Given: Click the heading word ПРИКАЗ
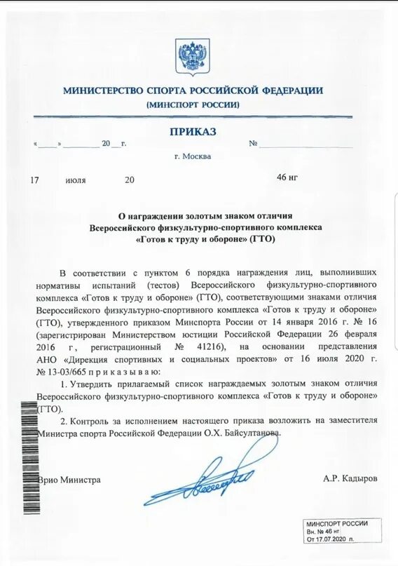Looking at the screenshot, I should point(193,131).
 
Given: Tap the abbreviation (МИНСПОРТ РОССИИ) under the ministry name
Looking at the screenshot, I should point(193,105).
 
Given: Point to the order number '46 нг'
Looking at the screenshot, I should point(287,177).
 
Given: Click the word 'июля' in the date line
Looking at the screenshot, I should point(76,180).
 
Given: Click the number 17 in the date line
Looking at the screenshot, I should point(35,180).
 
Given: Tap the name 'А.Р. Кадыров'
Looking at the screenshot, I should point(350,479).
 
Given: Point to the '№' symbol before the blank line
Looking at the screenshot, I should point(254,143).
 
